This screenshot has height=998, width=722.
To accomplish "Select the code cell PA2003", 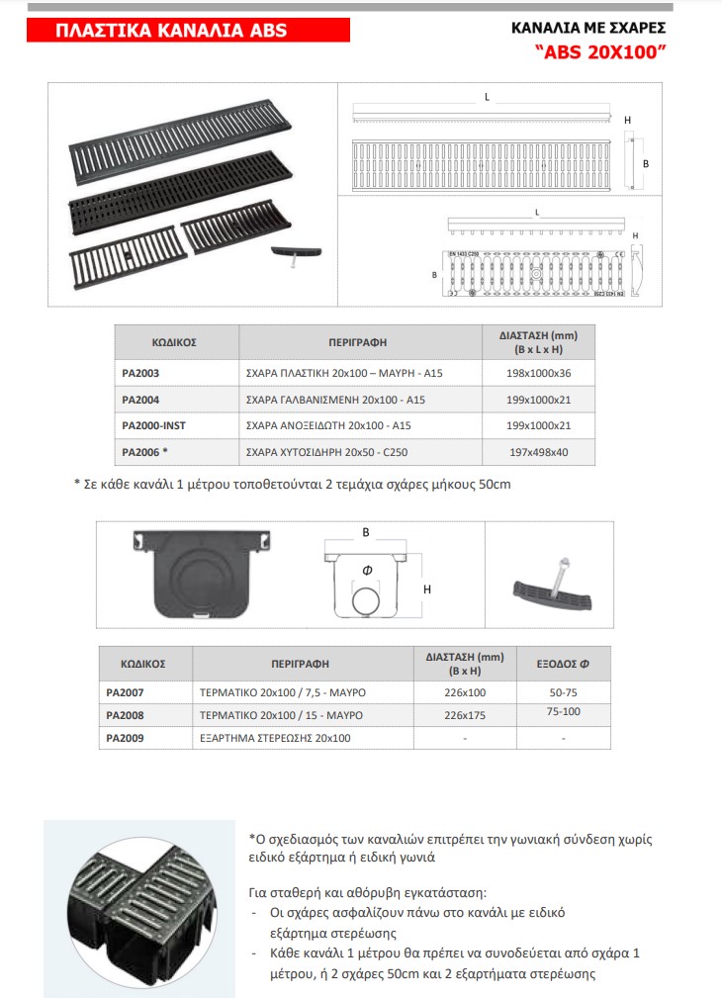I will [140, 374].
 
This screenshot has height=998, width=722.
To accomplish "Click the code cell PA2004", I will [140, 400].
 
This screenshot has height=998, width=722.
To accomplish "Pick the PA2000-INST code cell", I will [153, 425].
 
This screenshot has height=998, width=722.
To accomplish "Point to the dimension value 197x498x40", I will [538, 452].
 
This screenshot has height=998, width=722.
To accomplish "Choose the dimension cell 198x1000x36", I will [538, 374].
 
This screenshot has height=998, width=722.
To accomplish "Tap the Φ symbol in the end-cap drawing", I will [366, 570].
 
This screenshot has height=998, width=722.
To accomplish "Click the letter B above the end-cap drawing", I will [365, 532].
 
